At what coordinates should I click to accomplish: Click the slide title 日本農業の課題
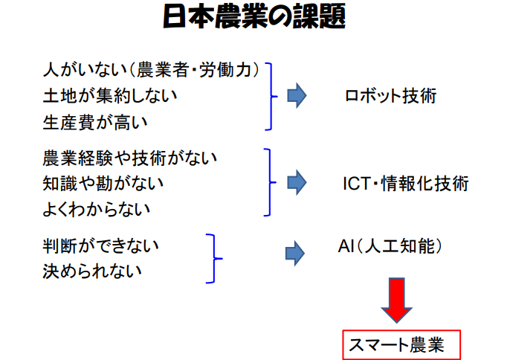coord(254,16)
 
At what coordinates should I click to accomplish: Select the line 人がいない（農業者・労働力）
coord(152,70)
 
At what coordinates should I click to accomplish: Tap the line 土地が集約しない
coord(110,96)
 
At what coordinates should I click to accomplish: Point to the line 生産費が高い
coord(95,123)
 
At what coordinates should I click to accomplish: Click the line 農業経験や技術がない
coord(129,158)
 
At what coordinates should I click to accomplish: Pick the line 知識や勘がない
coord(103,184)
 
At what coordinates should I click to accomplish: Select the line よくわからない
coord(97,209)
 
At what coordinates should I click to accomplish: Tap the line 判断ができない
coord(100,245)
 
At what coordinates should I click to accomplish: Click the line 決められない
coord(92,271)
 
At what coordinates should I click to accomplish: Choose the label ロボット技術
coord(390,96)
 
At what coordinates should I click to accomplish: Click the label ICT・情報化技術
coord(406,183)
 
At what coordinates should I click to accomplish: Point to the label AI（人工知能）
coord(390,245)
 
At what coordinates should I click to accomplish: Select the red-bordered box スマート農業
coord(401,344)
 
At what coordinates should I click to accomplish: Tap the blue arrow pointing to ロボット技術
coord(297,96)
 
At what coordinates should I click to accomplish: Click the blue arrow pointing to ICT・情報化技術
coord(297,183)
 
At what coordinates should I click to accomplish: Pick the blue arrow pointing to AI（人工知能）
coord(295,254)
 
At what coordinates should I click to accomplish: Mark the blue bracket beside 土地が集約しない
coord(271,97)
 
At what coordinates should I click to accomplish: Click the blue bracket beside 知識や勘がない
coord(270,182)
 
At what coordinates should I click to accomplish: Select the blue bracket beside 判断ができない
coord(214,258)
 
